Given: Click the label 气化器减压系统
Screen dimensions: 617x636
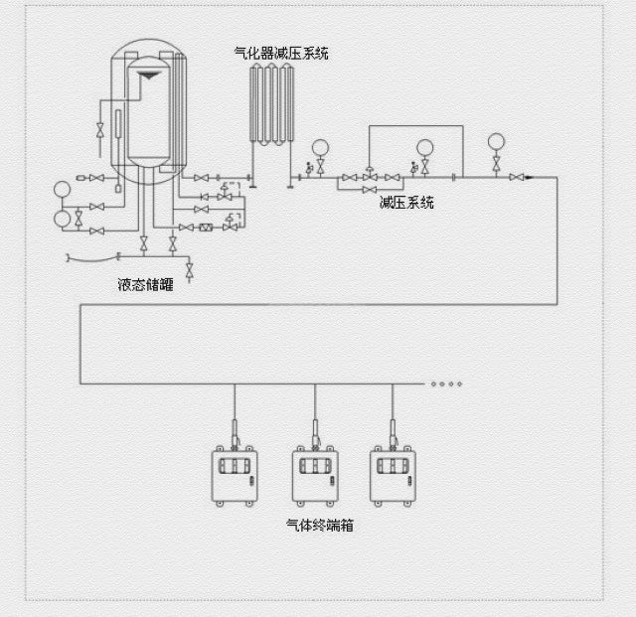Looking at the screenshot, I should coord(280,53).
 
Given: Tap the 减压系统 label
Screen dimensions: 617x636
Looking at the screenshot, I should coord(406,203).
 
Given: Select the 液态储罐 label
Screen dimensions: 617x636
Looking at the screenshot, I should coord(145,285).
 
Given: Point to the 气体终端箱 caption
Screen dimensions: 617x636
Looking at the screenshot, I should coord(319,526).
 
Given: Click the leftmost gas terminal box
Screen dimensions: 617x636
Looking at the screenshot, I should coord(235,475).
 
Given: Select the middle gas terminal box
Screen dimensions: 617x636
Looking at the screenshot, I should coord(315,475).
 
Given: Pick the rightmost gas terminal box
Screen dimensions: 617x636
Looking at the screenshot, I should coord(393,475).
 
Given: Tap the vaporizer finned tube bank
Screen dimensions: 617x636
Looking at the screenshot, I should coord(273,109).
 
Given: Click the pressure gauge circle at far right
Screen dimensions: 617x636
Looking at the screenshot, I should coord(496,140).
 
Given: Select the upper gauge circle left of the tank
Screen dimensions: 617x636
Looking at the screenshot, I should coord(63,189).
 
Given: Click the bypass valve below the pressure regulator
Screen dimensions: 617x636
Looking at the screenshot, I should coord(370,190).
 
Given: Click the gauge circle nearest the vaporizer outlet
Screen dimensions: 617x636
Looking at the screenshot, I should coord(320,148).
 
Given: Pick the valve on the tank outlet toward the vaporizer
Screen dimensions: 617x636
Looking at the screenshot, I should coord(201,178).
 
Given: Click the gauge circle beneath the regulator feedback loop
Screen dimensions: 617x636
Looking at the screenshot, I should coord(425,148).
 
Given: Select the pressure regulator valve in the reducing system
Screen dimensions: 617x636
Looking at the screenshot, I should coord(370,176).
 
